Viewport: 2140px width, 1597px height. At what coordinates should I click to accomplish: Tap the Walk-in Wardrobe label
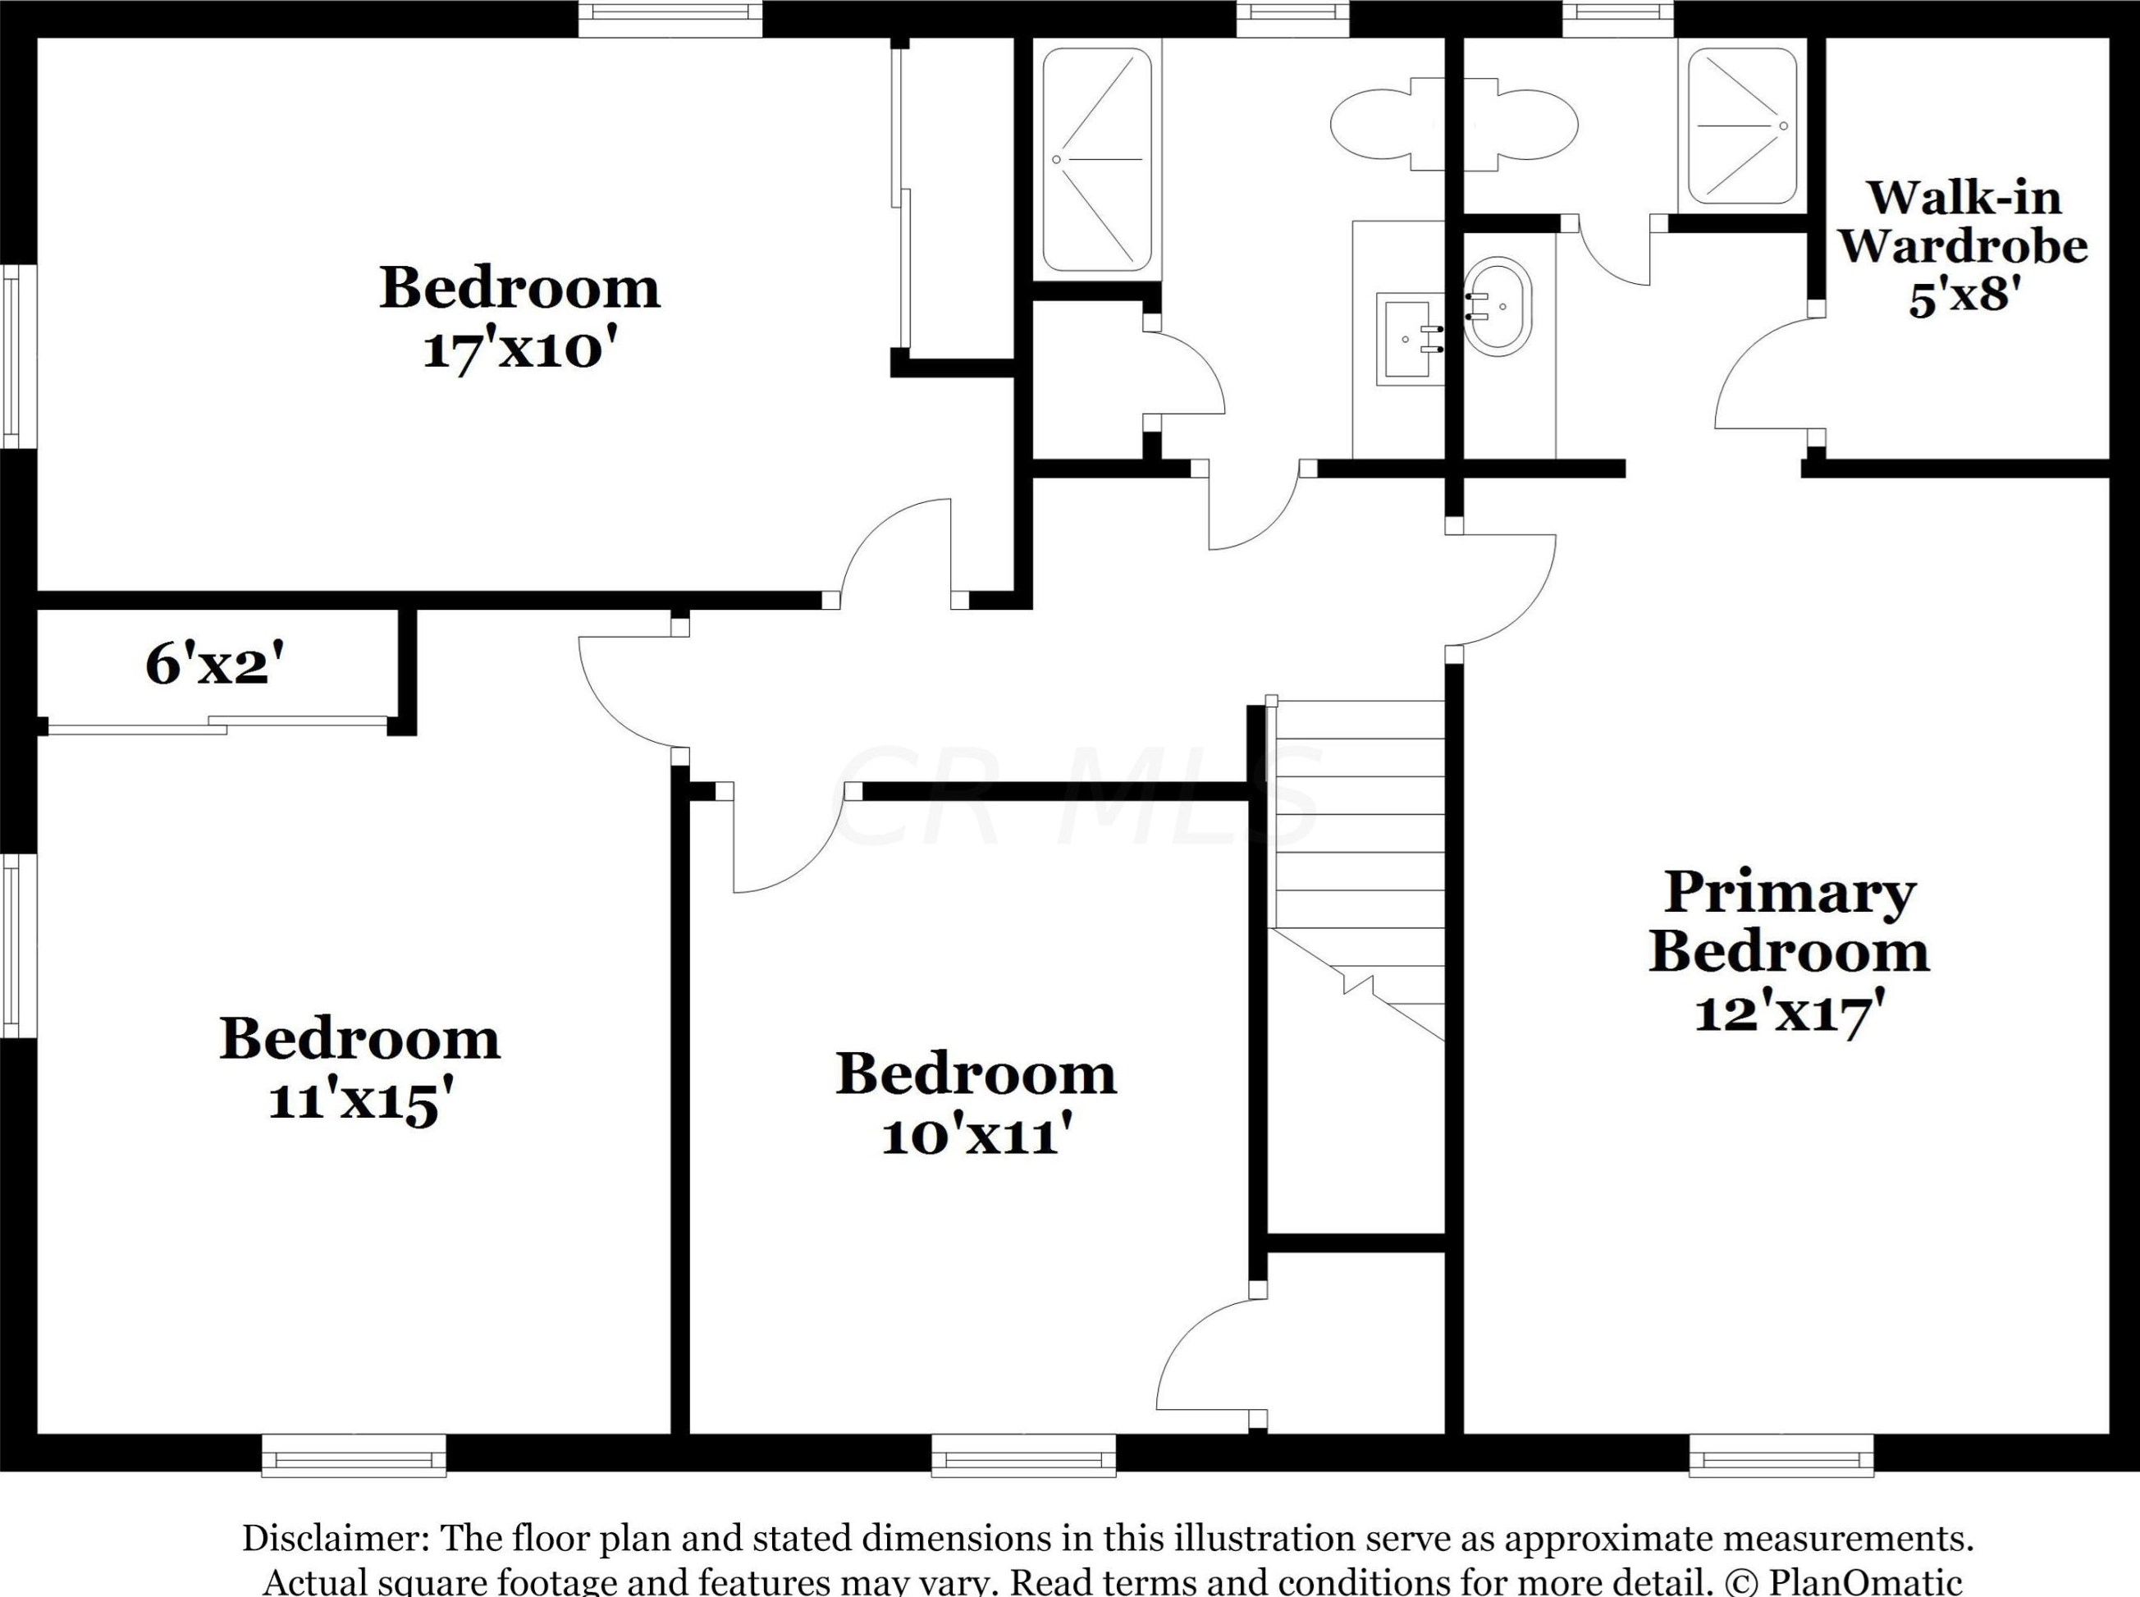point(1963,222)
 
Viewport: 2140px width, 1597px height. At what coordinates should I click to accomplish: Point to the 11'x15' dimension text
point(360,1102)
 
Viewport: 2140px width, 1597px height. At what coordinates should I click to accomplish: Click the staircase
point(1357,870)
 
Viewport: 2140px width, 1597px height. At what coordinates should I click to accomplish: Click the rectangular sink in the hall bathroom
point(1411,338)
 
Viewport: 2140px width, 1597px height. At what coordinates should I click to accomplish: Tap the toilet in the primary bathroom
point(1527,124)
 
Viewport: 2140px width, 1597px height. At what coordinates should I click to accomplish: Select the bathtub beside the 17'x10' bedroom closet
point(1096,159)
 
